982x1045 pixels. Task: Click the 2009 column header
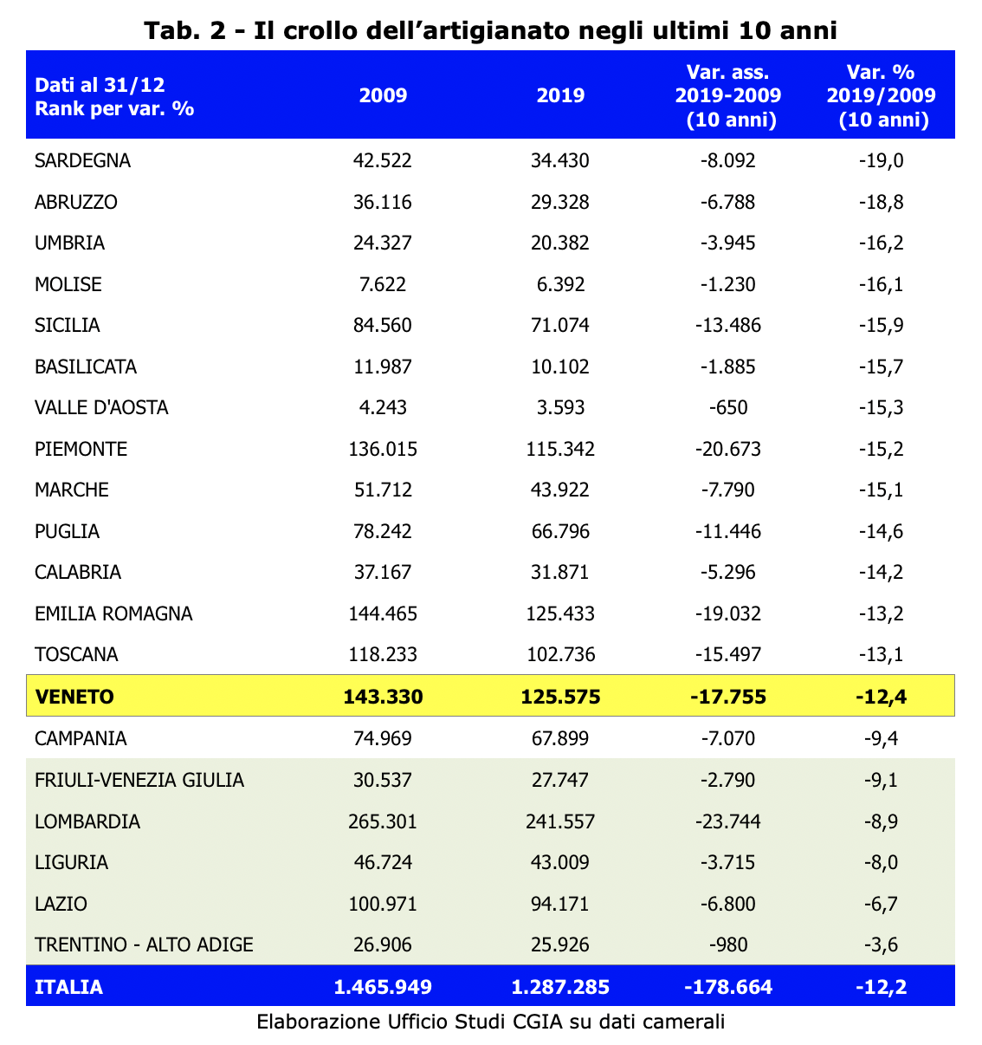click(383, 95)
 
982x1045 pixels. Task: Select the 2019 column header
click(560, 95)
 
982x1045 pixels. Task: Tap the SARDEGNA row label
click(82, 160)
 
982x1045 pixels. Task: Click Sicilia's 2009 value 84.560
click(383, 325)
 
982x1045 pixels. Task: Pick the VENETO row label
click(74, 697)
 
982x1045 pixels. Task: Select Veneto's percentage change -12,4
click(881, 697)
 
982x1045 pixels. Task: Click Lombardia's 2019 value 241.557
click(560, 821)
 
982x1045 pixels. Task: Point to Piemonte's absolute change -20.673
click(728, 449)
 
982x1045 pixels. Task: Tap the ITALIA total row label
click(68, 987)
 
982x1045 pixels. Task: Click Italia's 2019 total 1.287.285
click(560, 987)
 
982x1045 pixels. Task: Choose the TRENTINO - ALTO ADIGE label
click(144, 944)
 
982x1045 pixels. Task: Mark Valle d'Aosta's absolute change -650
click(728, 407)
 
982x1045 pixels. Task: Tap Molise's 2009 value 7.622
click(383, 284)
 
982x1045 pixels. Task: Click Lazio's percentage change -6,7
click(881, 904)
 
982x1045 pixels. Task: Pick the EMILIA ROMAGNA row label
click(113, 613)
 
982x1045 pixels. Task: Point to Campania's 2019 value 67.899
click(560, 738)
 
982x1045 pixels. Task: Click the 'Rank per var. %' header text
click(114, 108)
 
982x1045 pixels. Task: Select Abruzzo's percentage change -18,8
click(881, 202)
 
